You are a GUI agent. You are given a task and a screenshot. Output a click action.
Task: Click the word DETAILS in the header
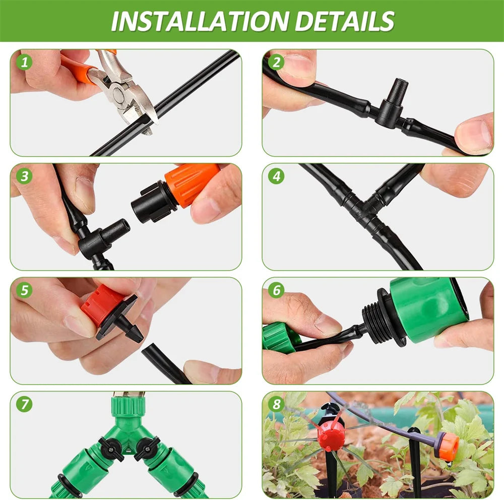click(x=345, y=21)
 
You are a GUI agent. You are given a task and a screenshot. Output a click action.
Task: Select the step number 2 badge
click(x=276, y=62)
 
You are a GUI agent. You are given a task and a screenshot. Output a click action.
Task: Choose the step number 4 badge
click(x=276, y=176)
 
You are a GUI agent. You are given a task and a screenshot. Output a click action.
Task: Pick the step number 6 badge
click(x=276, y=290)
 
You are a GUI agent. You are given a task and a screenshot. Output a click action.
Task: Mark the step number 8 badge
click(x=276, y=404)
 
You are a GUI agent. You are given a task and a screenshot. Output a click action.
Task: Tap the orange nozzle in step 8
click(x=448, y=447)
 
